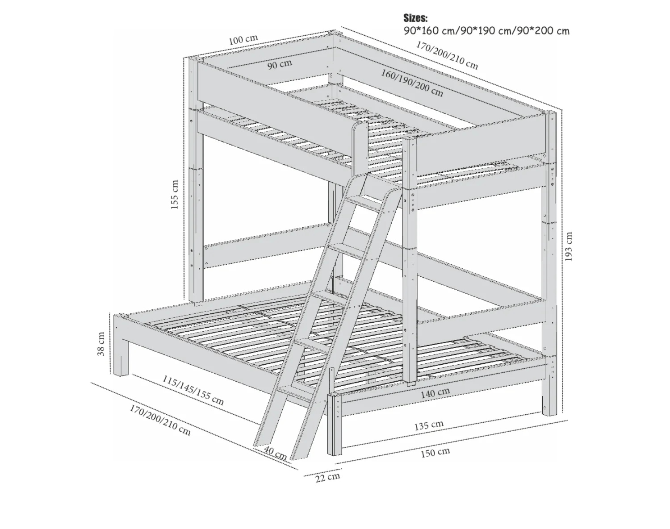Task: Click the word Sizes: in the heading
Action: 415,18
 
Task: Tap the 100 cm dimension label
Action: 243,40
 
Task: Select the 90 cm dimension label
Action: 280,64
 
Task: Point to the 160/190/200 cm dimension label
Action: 412,83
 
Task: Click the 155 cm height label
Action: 175,195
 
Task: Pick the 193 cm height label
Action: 568,246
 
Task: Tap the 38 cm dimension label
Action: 101,344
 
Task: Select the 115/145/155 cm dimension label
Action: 193,390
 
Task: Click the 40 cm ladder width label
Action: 275,454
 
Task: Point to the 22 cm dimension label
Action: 327,477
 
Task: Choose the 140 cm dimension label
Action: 435,393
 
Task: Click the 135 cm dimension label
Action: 429,425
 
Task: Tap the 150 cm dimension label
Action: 435,453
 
